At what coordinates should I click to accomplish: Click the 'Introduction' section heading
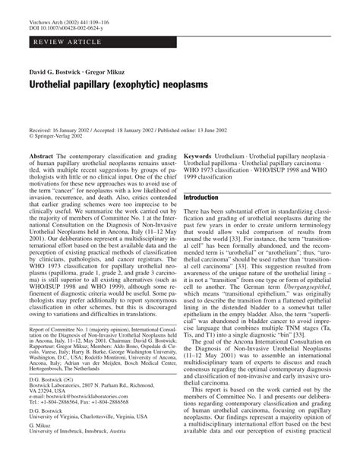pyautogui.click(x=206, y=197)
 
